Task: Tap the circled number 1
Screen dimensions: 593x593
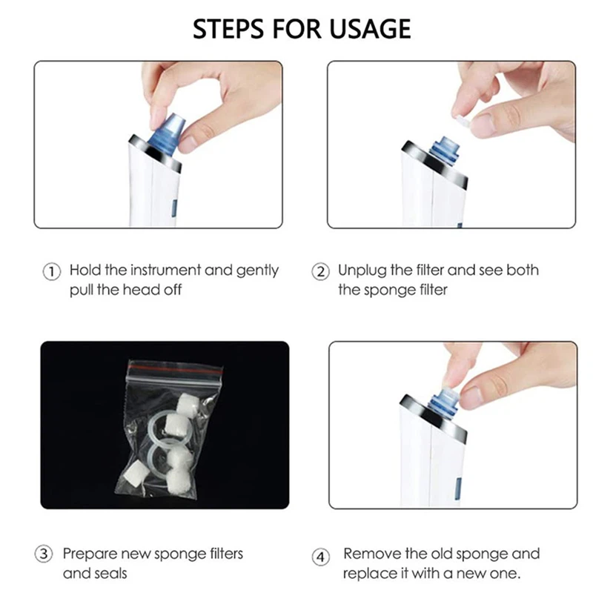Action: tap(50, 271)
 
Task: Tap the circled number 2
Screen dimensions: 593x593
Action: tap(320, 271)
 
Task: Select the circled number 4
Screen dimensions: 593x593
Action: tap(320, 556)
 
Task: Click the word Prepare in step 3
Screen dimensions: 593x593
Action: tap(88, 554)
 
